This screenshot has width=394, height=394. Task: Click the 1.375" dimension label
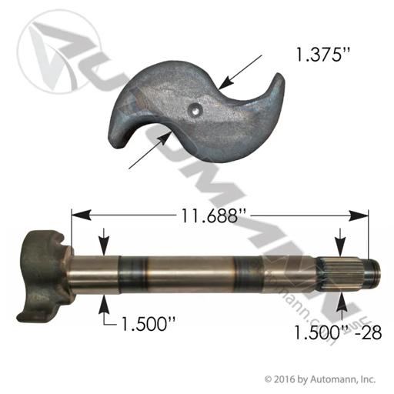(322, 55)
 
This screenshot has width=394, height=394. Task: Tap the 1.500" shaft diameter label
(148, 324)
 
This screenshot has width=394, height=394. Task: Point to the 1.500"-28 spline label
(338, 332)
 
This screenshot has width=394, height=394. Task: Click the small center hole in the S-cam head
(195, 110)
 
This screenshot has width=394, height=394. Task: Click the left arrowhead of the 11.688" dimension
(81, 215)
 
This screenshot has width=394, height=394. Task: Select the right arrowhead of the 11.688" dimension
(359, 215)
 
